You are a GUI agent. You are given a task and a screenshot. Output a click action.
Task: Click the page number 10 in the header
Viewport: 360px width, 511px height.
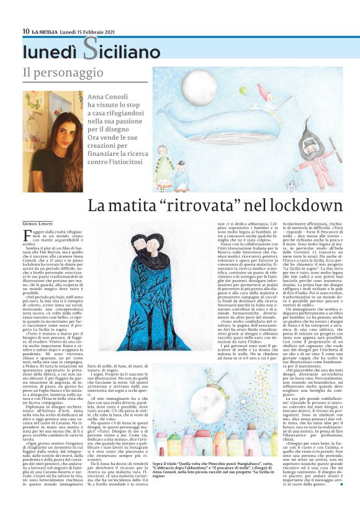click(x=26, y=31)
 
